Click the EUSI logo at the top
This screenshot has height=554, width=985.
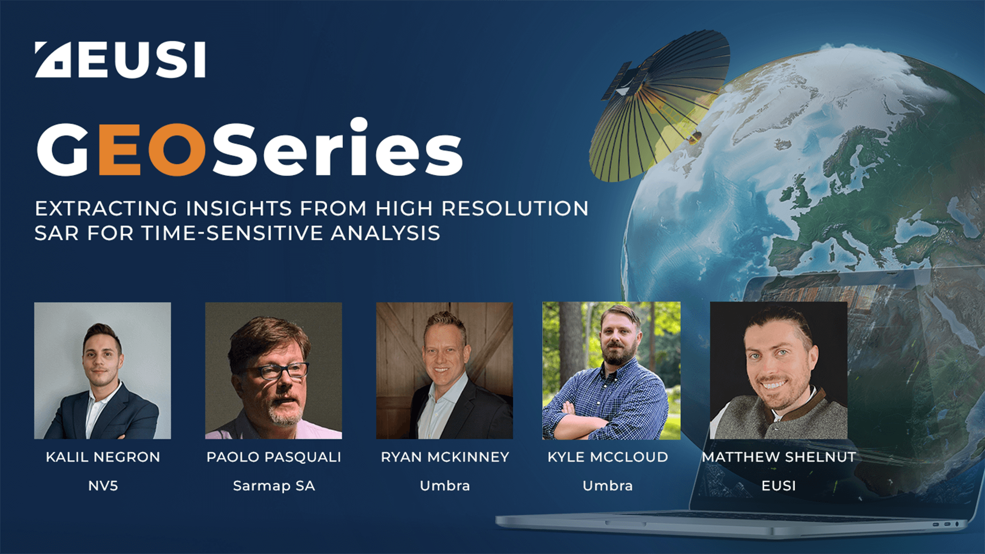click(x=120, y=60)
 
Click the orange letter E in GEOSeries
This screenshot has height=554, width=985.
click(x=119, y=149)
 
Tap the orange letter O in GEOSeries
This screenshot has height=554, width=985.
click(x=177, y=149)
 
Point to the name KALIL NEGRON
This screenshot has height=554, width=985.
click(x=103, y=457)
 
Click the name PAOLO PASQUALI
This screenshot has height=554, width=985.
click(x=273, y=457)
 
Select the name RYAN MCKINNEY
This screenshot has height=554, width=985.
click(x=445, y=457)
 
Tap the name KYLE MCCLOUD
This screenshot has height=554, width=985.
click(x=607, y=457)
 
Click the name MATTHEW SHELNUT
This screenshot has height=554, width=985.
click(x=779, y=457)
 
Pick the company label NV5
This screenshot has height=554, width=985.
click(x=103, y=486)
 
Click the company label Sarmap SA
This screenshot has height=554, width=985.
click(x=273, y=486)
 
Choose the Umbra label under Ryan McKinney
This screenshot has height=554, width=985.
click(x=445, y=486)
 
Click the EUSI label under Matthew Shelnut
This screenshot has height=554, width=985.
click(x=779, y=486)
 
